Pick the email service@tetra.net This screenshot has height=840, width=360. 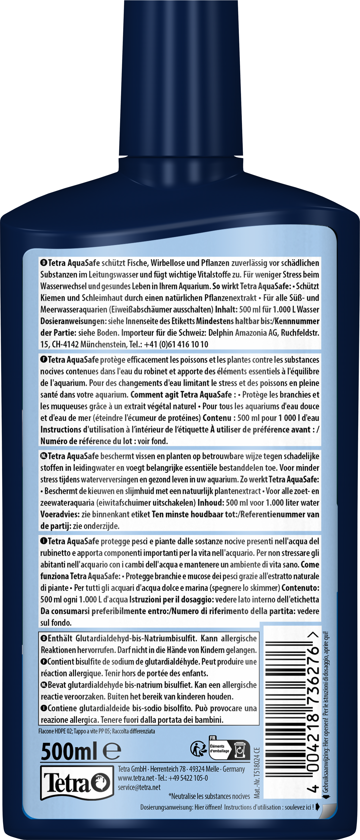[139, 787]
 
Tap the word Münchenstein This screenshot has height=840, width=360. [102, 344]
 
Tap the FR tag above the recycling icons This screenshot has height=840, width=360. [213, 738]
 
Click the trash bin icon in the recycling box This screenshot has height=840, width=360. [240, 750]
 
